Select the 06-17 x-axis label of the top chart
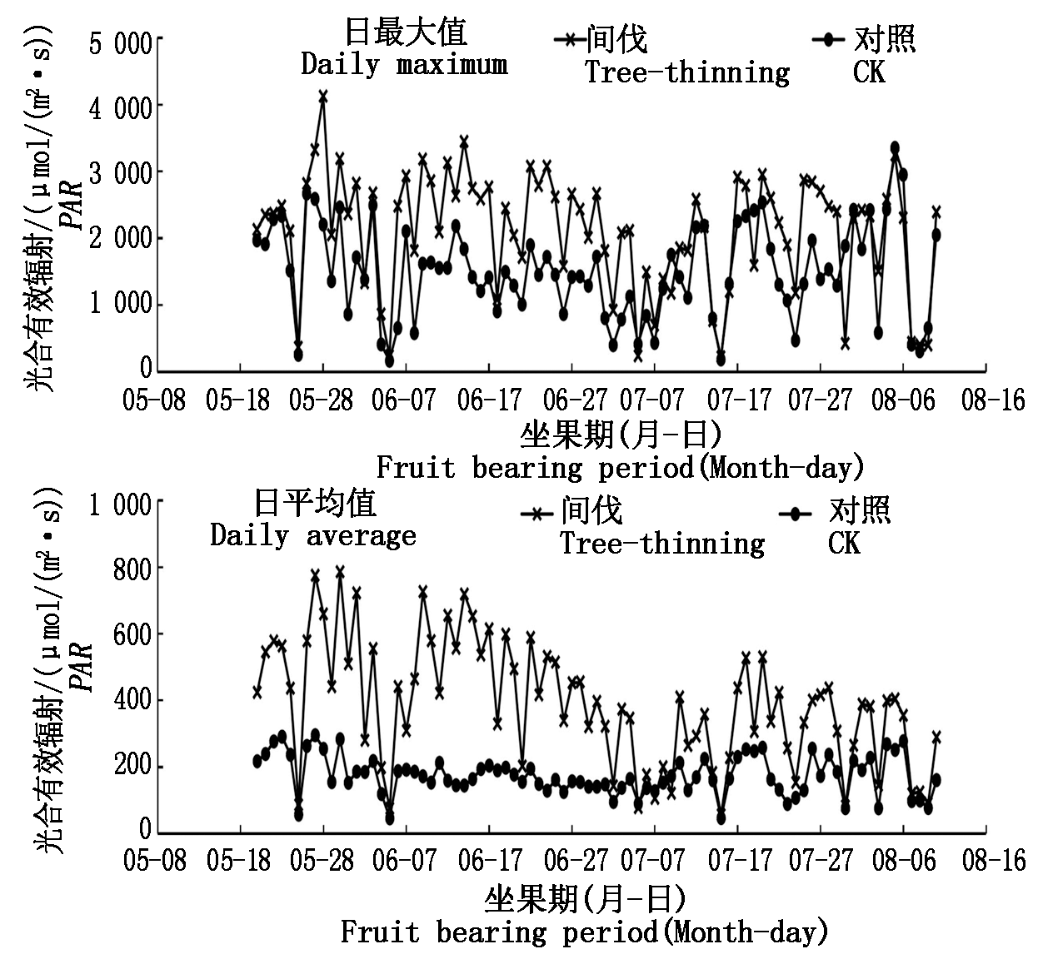click(489, 400)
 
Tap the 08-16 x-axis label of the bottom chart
click(993, 860)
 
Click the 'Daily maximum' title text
click(404, 65)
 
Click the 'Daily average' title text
click(312, 535)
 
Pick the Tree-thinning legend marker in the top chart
click(571, 39)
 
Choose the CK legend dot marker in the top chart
click(827, 39)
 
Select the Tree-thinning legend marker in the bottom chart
click(537, 514)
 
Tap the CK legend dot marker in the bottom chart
click(796, 514)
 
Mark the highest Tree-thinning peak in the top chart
click(323, 97)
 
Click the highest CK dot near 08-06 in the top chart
click(895, 147)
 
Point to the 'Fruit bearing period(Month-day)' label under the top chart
click(620, 467)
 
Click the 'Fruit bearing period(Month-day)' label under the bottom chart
click(584, 932)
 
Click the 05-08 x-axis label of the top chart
click(154, 400)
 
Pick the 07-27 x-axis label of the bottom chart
click(821, 860)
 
